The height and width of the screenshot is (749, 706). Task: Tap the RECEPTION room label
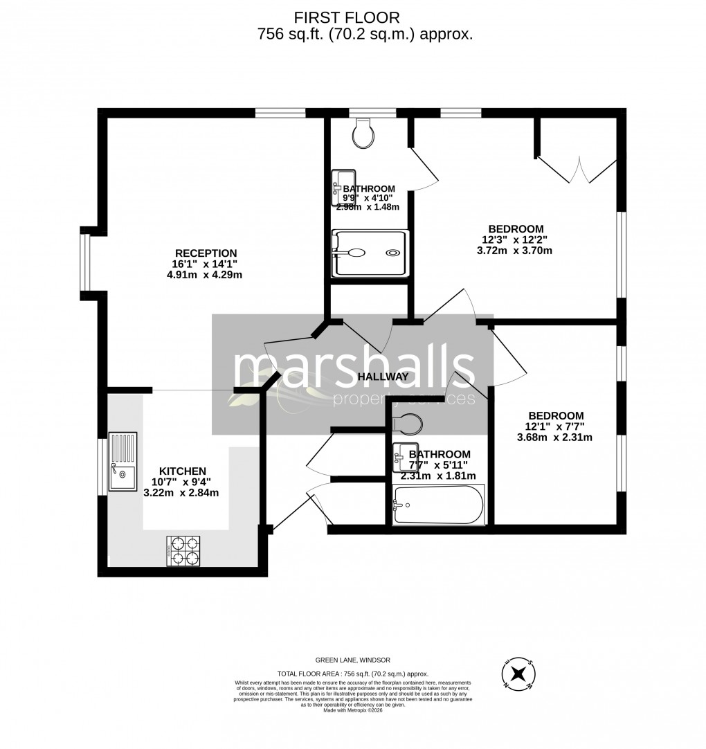pos(206,253)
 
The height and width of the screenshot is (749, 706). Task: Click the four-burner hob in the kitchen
pos(183,550)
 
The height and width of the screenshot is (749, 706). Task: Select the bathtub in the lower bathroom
pos(438,505)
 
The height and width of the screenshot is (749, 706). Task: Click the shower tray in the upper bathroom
pos(370,253)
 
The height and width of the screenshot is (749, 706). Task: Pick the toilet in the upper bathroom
pos(363,134)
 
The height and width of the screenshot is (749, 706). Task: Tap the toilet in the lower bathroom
pos(406,422)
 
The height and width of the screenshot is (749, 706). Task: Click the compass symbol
pos(518,674)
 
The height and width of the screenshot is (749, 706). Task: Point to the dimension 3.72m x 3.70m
pos(514,251)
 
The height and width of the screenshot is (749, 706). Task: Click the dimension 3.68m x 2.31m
pos(554,437)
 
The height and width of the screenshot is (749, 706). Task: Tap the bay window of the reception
pos(85,262)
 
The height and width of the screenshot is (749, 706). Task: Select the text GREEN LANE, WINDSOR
pos(353,660)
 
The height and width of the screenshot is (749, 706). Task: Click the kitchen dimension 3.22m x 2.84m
pos(181,493)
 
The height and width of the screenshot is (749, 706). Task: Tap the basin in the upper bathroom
pos(343,187)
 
